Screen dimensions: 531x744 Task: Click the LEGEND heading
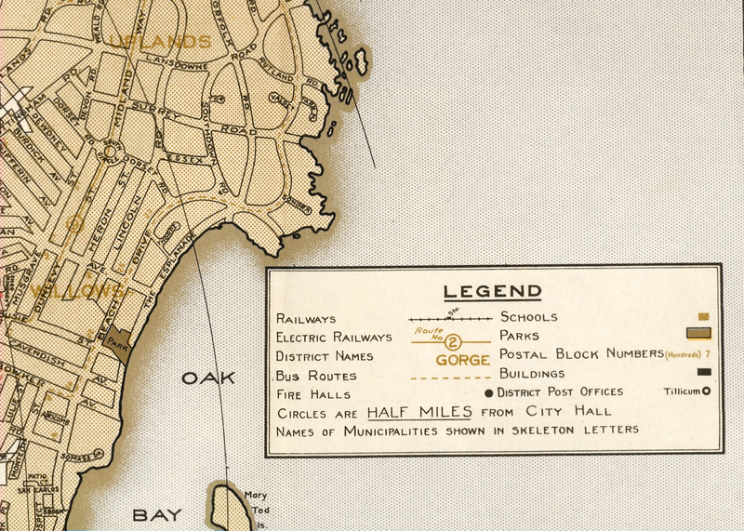coord(492,291)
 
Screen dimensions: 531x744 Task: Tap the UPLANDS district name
coord(160,41)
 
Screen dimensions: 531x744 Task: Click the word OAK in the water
coord(208,378)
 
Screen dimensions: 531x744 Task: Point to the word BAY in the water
coord(157,514)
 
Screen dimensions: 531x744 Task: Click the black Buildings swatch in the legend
coord(704,373)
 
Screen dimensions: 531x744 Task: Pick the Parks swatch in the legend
coord(698,334)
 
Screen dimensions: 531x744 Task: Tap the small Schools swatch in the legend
coord(703,316)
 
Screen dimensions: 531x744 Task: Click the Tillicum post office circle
coord(706,392)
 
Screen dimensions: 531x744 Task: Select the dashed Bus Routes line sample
coord(450,378)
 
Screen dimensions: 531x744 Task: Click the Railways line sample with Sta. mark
coord(450,318)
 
